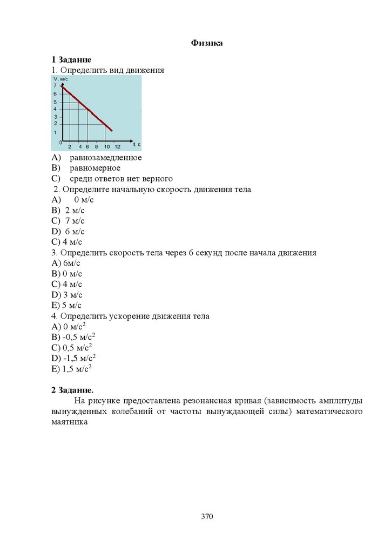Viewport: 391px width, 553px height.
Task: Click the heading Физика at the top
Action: (x=207, y=43)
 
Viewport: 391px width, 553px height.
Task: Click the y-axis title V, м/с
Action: (x=60, y=79)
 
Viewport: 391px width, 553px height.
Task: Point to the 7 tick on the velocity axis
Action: (x=55, y=86)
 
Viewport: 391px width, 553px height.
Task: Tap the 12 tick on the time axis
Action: (x=118, y=146)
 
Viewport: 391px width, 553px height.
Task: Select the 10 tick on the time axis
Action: (x=106, y=146)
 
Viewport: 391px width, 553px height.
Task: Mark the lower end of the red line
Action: (x=111, y=130)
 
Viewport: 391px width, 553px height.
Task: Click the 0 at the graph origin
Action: (x=60, y=142)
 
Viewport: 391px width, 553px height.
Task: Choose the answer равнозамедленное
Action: (x=105, y=158)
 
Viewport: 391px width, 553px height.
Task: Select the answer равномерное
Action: (x=95, y=168)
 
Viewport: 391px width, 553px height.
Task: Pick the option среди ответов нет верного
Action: (x=120, y=178)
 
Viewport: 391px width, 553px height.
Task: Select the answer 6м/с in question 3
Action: (x=71, y=263)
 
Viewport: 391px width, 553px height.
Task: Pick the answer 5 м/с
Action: (x=72, y=305)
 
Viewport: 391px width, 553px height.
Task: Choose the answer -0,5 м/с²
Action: (x=79, y=337)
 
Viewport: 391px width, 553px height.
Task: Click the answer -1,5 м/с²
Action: (x=79, y=358)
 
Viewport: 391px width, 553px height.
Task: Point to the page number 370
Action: (x=207, y=517)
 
